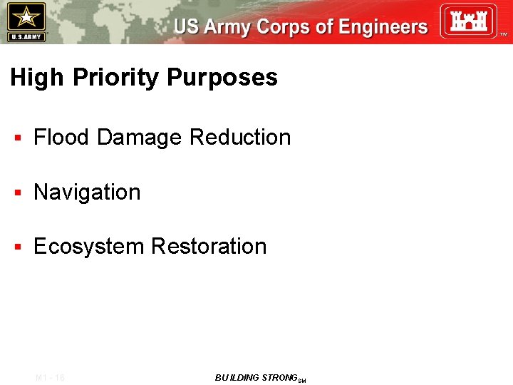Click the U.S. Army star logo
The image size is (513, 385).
click(x=26, y=21)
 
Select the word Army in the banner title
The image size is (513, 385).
click(x=227, y=27)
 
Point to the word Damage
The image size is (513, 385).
click(x=140, y=137)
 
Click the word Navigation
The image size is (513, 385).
click(x=87, y=192)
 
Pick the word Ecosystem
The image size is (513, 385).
click(x=89, y=247)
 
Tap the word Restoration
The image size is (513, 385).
click(x=209, y=247)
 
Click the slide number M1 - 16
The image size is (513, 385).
click(x=50, y=378)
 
